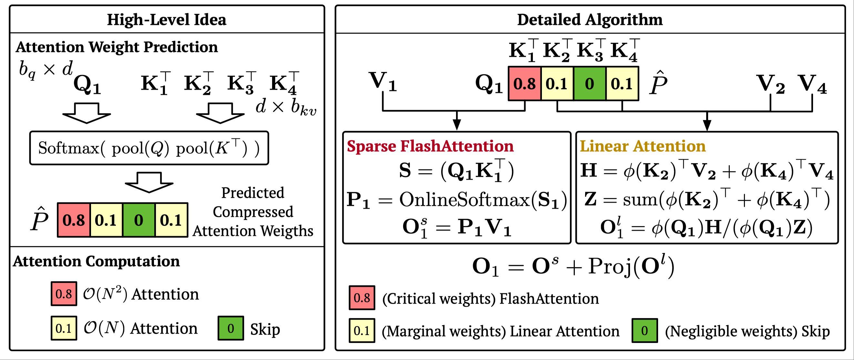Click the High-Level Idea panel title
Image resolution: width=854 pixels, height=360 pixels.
click(167, 20)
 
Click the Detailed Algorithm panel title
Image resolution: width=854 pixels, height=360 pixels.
click(590, 20)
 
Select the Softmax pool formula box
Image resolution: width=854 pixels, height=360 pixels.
click(149, 148)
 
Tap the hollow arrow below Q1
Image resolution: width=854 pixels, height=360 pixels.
click(86, 113)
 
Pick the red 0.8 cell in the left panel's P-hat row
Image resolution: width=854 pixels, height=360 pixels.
click(74, 220)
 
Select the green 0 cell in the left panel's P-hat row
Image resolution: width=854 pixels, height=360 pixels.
click(138, 220)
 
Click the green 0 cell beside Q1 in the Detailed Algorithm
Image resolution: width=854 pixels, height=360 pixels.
click(589, 84)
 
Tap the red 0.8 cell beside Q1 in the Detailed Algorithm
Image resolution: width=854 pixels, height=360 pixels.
click(524, 84)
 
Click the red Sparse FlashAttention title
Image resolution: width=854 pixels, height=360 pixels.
click(430, 146)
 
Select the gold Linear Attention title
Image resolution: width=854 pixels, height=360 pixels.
click(643, 146)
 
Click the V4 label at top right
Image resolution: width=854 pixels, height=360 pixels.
click(812, 84)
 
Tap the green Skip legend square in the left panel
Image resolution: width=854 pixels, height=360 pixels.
click(231, 328)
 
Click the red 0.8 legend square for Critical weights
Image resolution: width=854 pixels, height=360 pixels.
click(362, 298)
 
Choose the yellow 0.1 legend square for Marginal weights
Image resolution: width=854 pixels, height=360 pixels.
click(362, 331)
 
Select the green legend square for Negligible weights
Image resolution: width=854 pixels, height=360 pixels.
click(645, 331)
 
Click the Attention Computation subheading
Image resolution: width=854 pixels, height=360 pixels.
click(97, 261)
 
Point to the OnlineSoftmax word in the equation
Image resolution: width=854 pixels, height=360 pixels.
click(464, 200)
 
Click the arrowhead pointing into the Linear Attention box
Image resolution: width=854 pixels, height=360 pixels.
click(707, 125)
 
